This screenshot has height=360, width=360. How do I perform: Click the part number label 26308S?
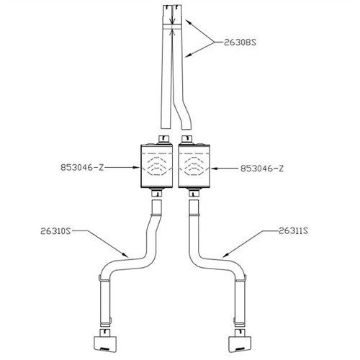(240, 42)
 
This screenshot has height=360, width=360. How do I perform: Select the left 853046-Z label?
(82, 167)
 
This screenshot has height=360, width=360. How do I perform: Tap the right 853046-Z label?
(262, 168)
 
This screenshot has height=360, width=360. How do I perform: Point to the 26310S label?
(55, 231)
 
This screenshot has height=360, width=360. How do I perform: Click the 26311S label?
(293, 231)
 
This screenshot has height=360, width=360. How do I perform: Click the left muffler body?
(157, 166)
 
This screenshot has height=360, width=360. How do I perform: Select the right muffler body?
(194, 166)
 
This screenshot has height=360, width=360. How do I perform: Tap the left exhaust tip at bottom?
(104, 340)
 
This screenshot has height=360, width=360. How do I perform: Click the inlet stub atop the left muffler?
(164, 140)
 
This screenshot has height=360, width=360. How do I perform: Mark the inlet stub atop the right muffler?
(187, 140)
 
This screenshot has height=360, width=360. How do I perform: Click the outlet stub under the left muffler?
(157, 192)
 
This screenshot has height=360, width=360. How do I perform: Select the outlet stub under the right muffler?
(194, 192)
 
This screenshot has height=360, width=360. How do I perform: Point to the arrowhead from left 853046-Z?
(137, 168)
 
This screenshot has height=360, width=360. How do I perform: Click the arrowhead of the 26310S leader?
(125, 255)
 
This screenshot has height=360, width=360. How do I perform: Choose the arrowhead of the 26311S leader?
(225, 256)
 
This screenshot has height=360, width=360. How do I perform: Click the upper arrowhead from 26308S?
(189, 22)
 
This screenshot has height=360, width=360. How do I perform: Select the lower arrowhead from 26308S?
(189, 55)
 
